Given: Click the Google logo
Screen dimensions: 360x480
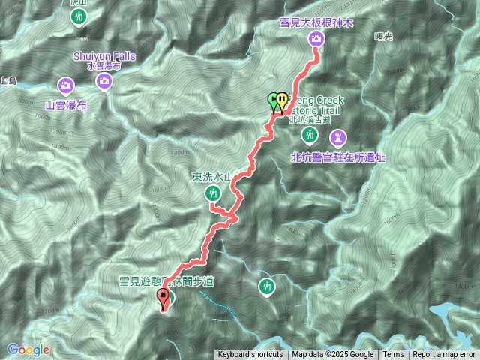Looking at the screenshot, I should (28, 349).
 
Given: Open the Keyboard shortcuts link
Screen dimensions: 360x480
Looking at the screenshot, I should (250, 355).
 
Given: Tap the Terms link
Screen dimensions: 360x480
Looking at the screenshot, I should (393, 355).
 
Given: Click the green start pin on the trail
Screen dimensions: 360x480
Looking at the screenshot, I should (274, 100).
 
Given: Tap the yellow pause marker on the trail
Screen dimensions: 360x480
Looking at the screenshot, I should (281, 100).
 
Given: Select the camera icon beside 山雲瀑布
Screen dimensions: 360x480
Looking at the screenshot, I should (67, 85).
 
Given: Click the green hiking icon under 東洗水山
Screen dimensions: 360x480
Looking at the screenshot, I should (214, 193).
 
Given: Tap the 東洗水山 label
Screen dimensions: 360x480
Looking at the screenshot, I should (214, 178).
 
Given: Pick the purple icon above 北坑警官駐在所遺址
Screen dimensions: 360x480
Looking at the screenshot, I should (338, 137).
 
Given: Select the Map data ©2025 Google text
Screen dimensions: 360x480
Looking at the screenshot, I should (332, 355).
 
